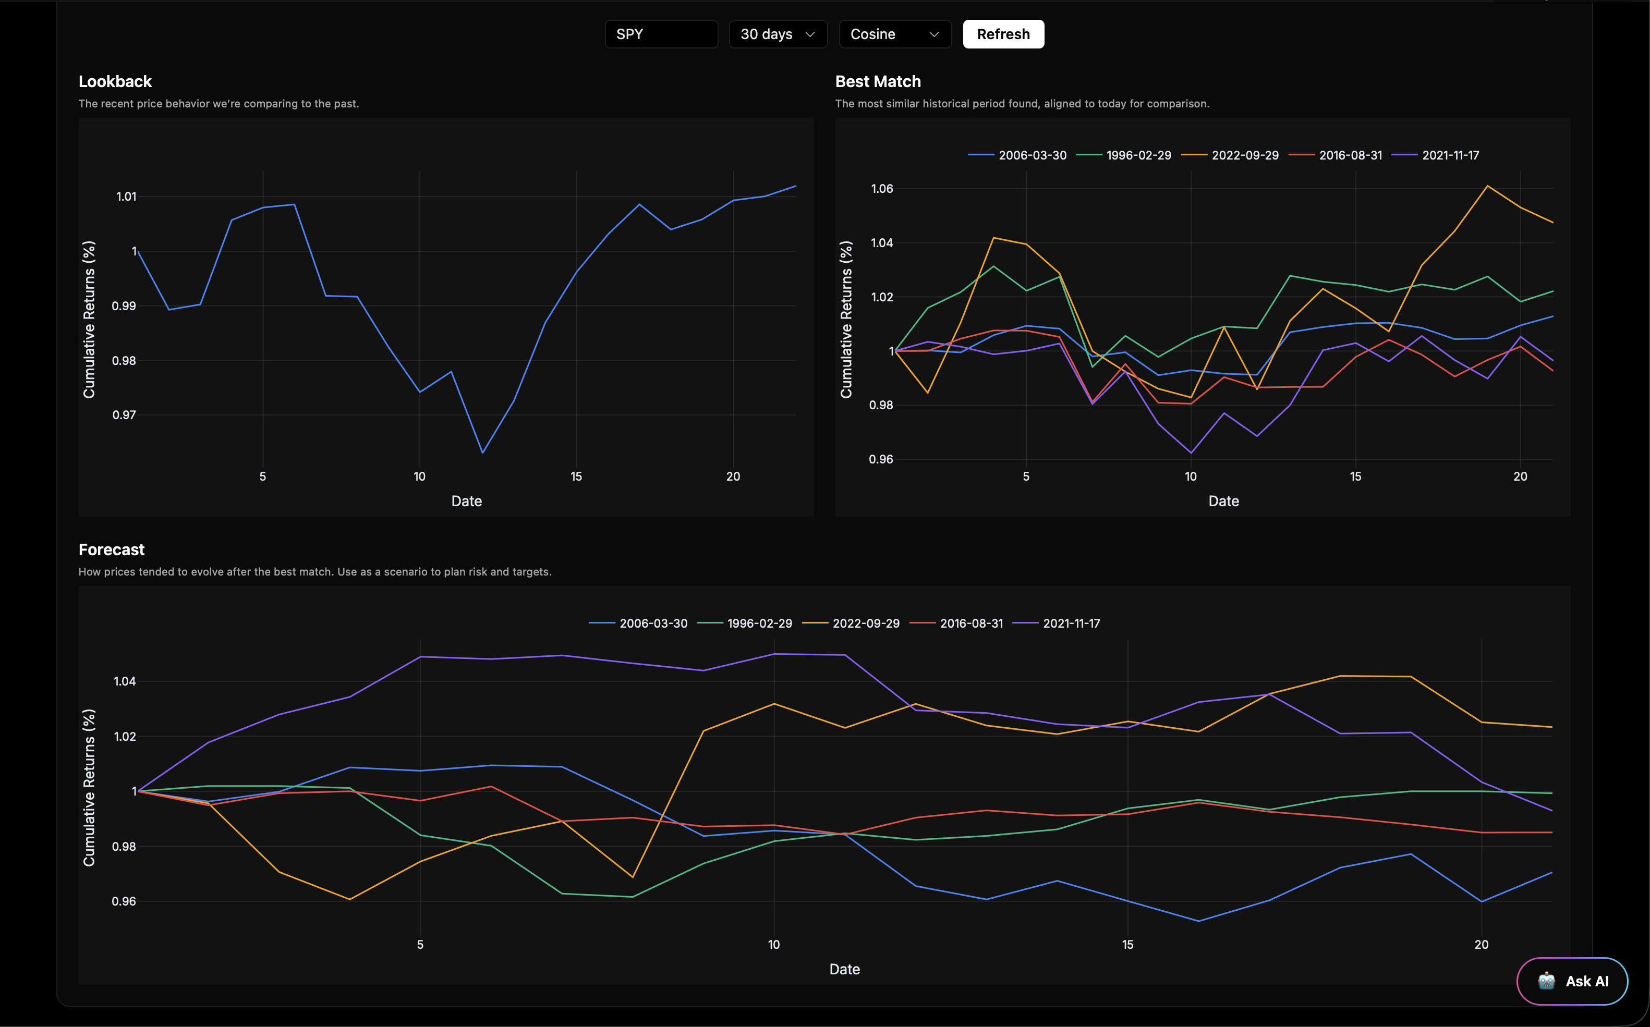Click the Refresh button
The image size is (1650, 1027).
pyautogui.click(x=1003, y=34)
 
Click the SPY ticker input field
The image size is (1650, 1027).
pyautogui.click(x=660, y=34)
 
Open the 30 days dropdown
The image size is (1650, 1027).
pyautogui.click(x=778, y=34)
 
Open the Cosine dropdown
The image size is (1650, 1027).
pyautogui.click(x=895, y=34)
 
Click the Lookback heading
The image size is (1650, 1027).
pyautogui.click(x=115, y=81)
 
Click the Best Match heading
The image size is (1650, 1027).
pyautogui.click(x=878, y=81)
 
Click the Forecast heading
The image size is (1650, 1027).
pyautogui.click(x=112, y=549)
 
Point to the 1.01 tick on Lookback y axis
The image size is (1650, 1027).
pyautogui.click(x=126, y=197)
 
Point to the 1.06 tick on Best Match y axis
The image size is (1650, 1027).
pyautogui.click(x=882, y=189)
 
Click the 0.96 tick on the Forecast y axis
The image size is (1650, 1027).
pyautogui.click(x=124, y=901)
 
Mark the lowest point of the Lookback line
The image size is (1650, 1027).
pyautogui.click(x=482, y=453)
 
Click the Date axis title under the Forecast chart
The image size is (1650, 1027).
pyautogui.click(x=844, y=969)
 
